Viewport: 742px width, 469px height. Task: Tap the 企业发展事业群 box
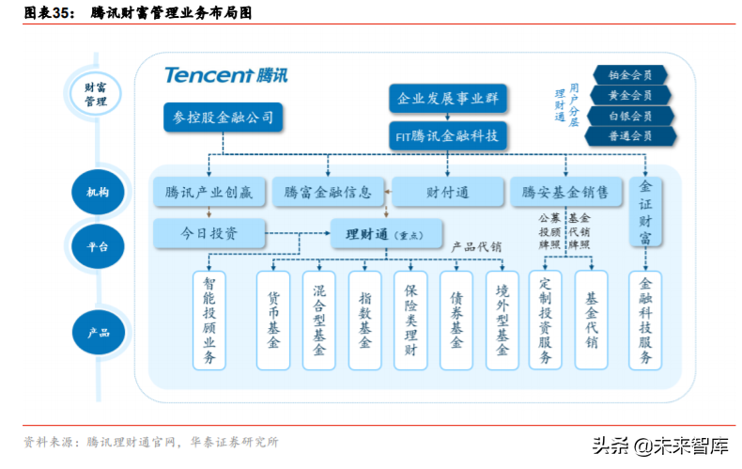pyautogui.click(x=448, y=98)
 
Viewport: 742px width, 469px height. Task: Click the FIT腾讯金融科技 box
pyautogui.click(x=448, y=135)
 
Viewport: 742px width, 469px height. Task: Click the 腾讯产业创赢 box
pyautogui.click(x=209, y=193)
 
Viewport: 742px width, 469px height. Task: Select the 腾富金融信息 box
pyautogui.click(x=328, y=193)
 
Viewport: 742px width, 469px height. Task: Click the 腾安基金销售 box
pyautogui.click(x=565, y=193)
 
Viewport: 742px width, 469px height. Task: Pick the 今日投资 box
pyautogui.click(x=209, y=232)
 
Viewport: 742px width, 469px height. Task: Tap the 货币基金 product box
pyautogui.click(x=273, y=320)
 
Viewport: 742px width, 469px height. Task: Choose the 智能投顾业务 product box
pyautogui.click(x=209, y=320)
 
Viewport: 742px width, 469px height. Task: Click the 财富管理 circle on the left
pyautogui.click(x=96, y=95)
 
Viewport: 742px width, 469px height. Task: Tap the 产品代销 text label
pyautogui.click(x=476, y=246)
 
